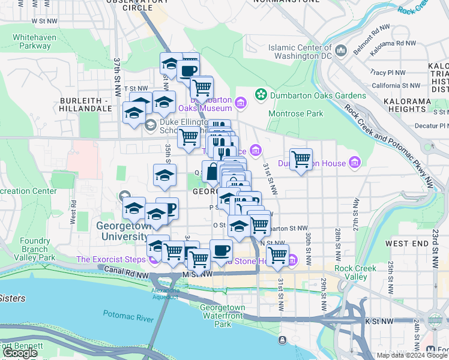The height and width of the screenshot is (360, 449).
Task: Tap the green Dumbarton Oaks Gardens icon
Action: [261, 94]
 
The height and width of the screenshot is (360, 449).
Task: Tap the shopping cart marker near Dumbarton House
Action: [301, 160]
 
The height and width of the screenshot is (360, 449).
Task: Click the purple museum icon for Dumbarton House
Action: [355, 163]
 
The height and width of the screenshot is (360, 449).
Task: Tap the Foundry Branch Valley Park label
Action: [35, 249]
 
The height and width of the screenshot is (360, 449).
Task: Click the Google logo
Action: [21, 353]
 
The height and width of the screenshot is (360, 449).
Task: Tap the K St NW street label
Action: [379, 322]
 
